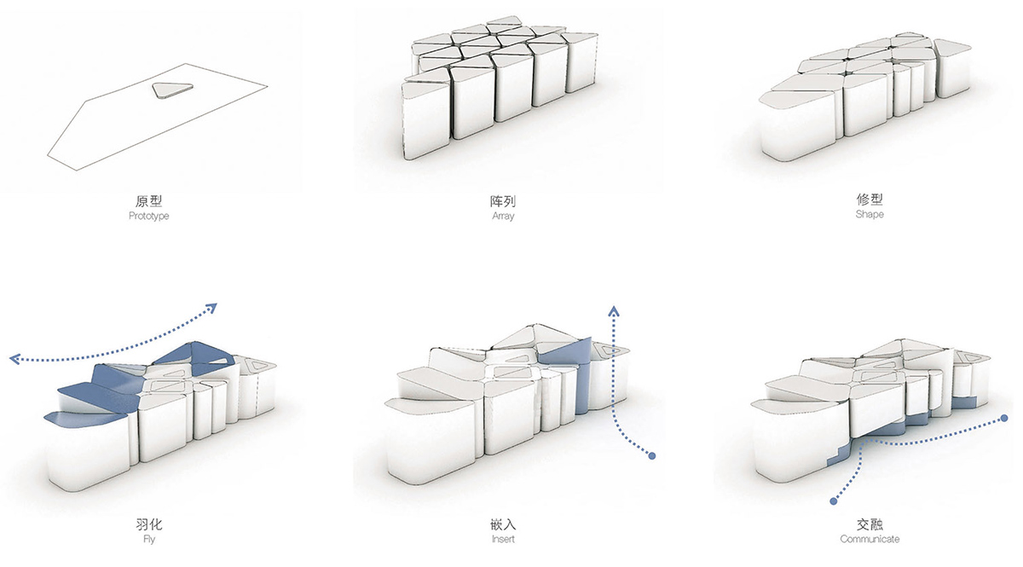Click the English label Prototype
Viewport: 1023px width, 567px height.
point(149,217)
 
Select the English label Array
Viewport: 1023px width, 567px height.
point(503,217)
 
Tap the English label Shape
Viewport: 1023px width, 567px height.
point(870,215)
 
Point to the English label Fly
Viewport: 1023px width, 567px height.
point(149,539)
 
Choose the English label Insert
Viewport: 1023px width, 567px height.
point(503,539)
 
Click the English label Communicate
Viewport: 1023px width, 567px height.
point(870,539)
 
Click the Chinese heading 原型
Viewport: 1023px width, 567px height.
point(149,202)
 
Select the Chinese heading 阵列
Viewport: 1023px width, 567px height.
point(503,202)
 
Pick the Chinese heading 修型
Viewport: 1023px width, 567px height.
point(870,200)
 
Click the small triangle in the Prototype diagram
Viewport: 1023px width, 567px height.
point(169,90)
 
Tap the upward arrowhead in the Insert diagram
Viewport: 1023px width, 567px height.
point(612,307)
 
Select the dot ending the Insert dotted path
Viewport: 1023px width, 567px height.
point(652,456)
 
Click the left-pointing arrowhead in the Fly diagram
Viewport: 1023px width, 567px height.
point(12,359)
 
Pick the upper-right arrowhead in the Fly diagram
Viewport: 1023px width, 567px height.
point(211,308)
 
